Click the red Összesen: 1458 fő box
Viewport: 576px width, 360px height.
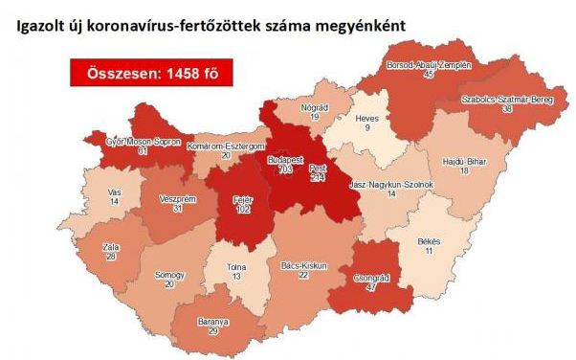coord(149,74)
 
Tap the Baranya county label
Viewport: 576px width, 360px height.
coord(219,321)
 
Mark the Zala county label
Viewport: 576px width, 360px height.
coord(112,247)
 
